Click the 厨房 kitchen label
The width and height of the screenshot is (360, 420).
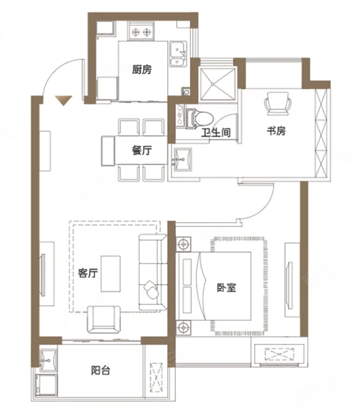coord(142,69)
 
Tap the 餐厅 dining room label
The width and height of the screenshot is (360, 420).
coord(142,150)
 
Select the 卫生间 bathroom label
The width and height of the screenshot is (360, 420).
coord(216,133)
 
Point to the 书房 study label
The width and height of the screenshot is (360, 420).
coord(276,131)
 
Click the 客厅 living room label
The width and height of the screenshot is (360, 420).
coord(88,273)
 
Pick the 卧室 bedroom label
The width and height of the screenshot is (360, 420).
coord(226,287)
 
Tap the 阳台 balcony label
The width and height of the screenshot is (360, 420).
coord(101,370)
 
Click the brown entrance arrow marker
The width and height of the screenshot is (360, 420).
coord(63,101)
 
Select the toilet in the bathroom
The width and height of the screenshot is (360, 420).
coord(200,118)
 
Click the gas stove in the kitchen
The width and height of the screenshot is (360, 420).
coord(141,32)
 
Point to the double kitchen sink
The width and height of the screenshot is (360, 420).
coord(178,54)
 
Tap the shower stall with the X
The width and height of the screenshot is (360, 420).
coord(218,84)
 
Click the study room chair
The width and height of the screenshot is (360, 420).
coord(278,104)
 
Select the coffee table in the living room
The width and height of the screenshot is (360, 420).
coord(111,274)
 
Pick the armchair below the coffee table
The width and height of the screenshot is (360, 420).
coord(104,319)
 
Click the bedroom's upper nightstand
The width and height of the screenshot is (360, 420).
coord(183,244)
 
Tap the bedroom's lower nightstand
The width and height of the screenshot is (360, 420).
coord(183,328)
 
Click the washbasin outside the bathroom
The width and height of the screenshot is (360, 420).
coord(183,160)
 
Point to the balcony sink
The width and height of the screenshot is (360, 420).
coord(48,360)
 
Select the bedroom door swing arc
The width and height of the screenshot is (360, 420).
coord(264,209)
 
